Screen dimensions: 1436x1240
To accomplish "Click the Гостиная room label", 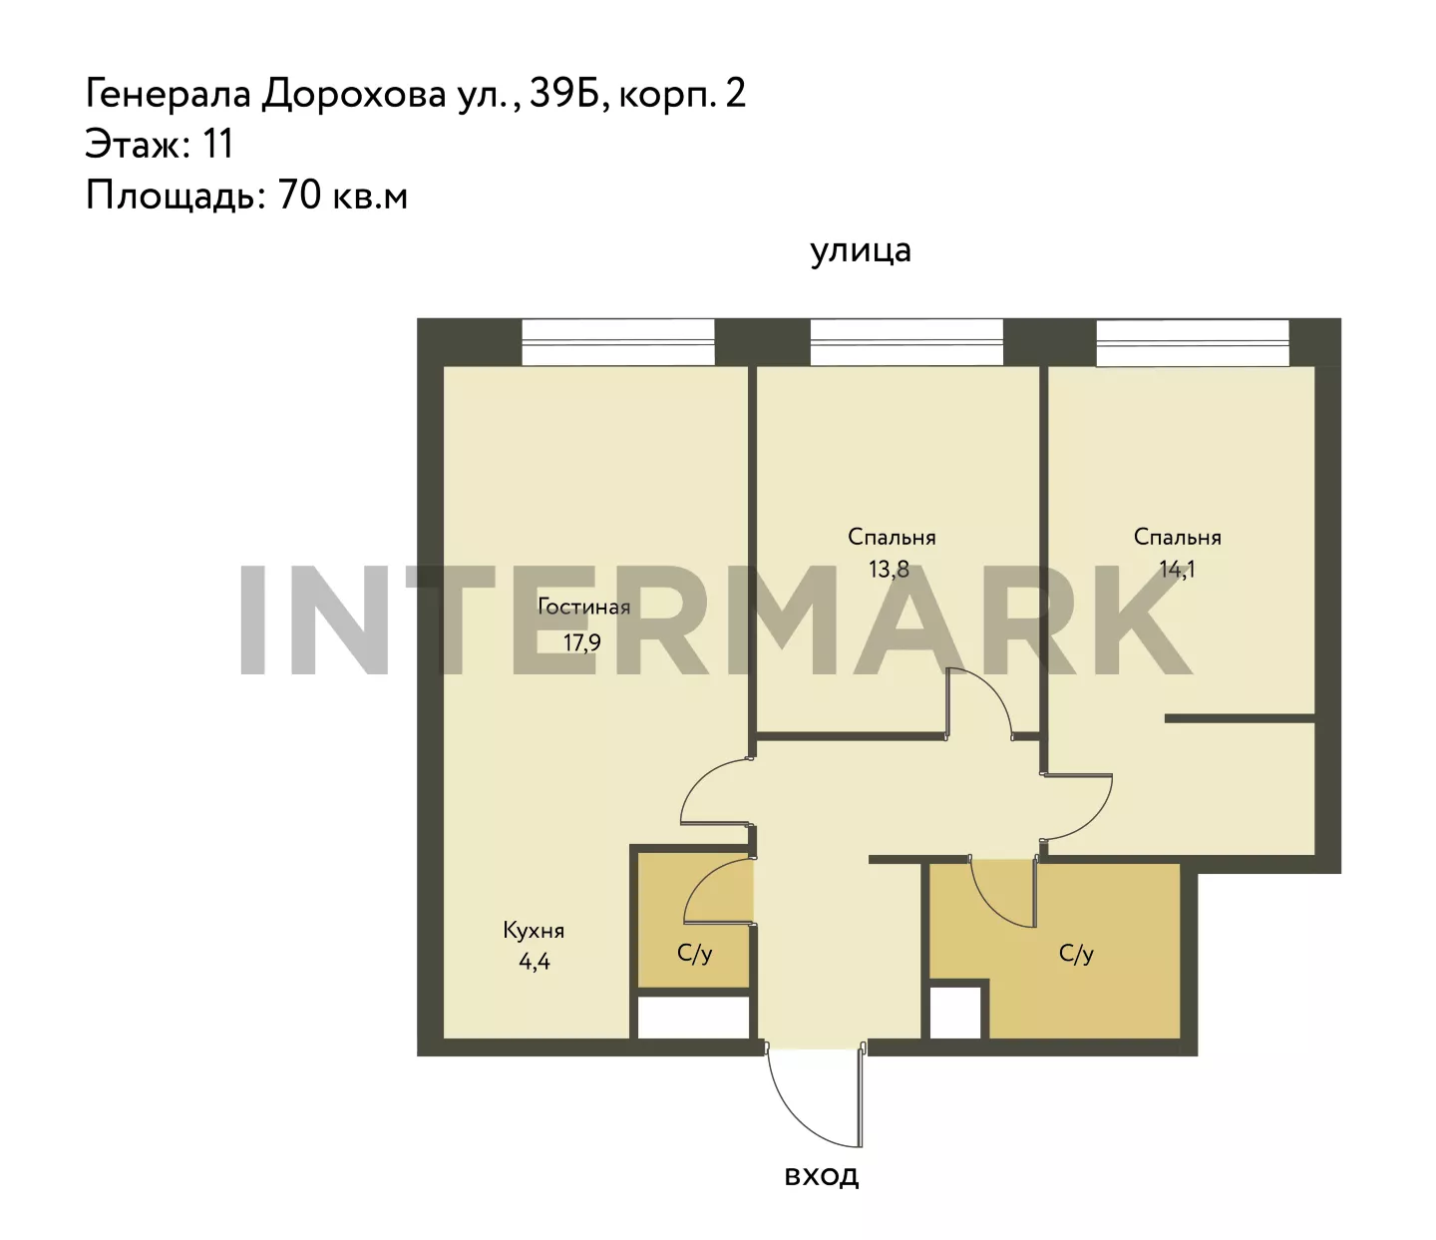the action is (x=583, y=607).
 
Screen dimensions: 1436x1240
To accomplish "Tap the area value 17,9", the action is (x=581, y=642).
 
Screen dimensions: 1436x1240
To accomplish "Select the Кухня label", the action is (x=534, y=930).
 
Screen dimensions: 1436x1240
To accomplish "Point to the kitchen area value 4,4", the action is (x=535, y=962).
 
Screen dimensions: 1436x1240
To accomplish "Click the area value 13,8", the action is (x=889, y=570).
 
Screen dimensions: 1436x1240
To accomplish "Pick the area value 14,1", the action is (x=1177, y=570).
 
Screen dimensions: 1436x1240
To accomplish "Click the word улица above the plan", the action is (x=860, y=251).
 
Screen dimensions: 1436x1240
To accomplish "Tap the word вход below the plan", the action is (x=821, y=1175).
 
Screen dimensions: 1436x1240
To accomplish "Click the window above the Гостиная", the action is (x=617, y=342).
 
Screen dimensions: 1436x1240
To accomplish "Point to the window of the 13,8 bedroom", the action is (x=906, y=342).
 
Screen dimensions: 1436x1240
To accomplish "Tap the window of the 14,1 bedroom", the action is (x=1193, y=342).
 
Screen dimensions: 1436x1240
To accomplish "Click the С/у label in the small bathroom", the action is (x=694, y=954).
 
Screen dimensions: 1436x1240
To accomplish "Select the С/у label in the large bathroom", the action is (x=1076, y=954).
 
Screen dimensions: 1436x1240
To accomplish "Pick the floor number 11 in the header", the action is (x=217, y=144).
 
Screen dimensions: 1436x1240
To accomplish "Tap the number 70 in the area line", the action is (x=299, y=195).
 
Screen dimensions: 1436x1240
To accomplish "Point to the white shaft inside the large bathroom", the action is (x=954, y=1013).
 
